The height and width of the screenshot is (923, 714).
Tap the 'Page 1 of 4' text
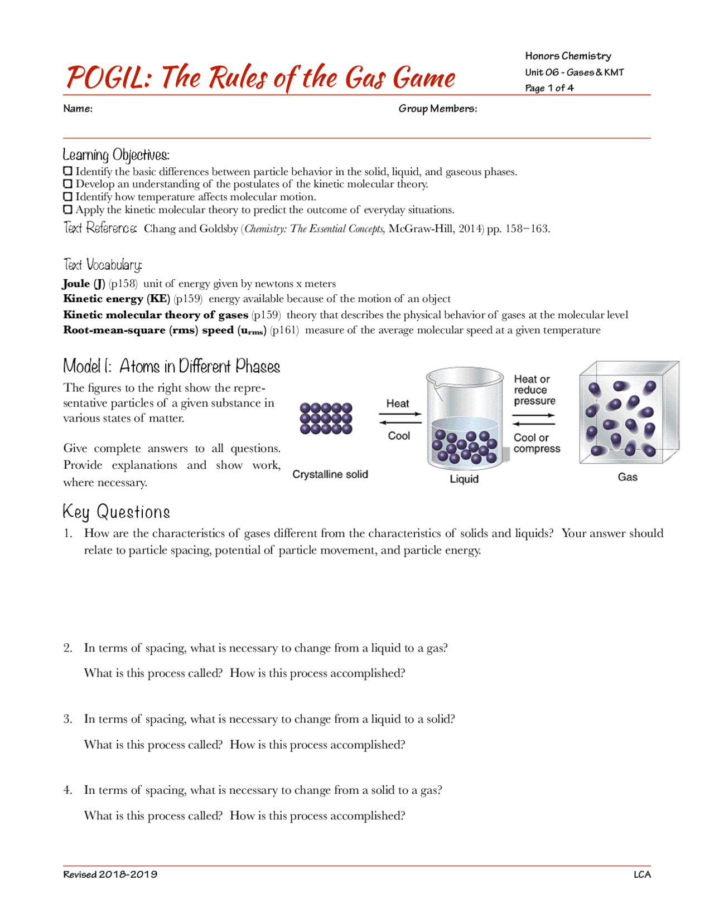click(549, 88)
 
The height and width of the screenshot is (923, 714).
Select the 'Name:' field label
click(78, 109)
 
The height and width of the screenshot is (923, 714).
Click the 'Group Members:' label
click(437, 109)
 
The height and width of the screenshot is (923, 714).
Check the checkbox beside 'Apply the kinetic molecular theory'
click(67, 210)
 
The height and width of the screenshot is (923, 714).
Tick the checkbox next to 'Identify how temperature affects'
click(67, 197)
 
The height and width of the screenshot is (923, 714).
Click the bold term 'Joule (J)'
click(84, 283)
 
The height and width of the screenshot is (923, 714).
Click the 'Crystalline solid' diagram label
click(330, 474)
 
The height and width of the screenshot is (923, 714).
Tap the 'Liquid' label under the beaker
click(464, 479)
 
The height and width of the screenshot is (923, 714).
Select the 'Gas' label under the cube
click(628, 477)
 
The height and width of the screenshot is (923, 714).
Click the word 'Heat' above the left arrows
click(398, 404)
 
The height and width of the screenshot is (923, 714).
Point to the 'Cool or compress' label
click(537, 443)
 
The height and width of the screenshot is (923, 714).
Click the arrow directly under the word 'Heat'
click(400, 414)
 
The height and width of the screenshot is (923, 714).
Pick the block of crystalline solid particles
click(326, 418)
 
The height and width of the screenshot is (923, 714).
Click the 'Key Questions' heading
click(116, 512)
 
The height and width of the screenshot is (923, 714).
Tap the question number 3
click(67, 719)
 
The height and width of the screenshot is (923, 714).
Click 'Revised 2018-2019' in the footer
click(110, 875)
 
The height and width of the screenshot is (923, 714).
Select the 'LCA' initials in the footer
click(642, 875)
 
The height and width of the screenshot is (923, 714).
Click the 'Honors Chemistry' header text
click(568, 56)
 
